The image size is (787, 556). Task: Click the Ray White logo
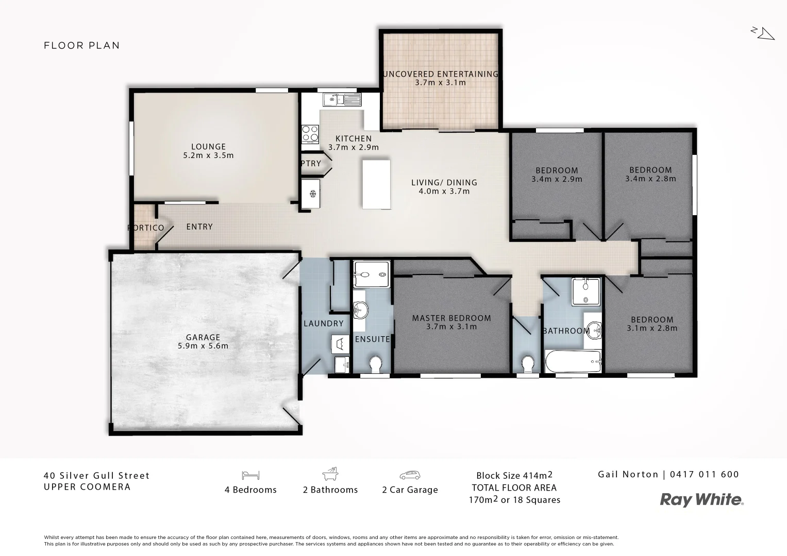(702, 499)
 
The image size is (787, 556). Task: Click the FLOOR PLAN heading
(82, 45)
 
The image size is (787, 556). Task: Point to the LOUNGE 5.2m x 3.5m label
(208, 151)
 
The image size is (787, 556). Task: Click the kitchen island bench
(376, 184)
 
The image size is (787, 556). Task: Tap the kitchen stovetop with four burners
(310, 133)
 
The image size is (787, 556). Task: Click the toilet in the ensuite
(376, 364)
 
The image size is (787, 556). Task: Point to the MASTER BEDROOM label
(451, 318)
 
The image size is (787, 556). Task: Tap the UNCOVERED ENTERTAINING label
(440, 74)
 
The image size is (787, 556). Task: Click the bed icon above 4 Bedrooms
(250, 475)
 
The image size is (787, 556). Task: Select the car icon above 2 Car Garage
(410, 475)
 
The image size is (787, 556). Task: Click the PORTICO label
(146, 228)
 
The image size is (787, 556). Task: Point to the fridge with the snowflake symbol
(312, 193)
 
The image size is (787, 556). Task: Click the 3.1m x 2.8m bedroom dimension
(652, 328)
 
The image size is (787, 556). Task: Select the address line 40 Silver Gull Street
(97, 476)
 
